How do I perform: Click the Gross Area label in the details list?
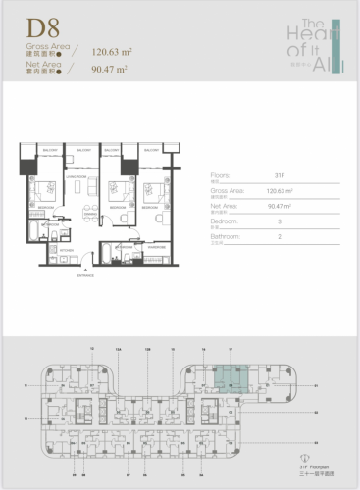228,193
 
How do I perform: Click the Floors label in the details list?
220,177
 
